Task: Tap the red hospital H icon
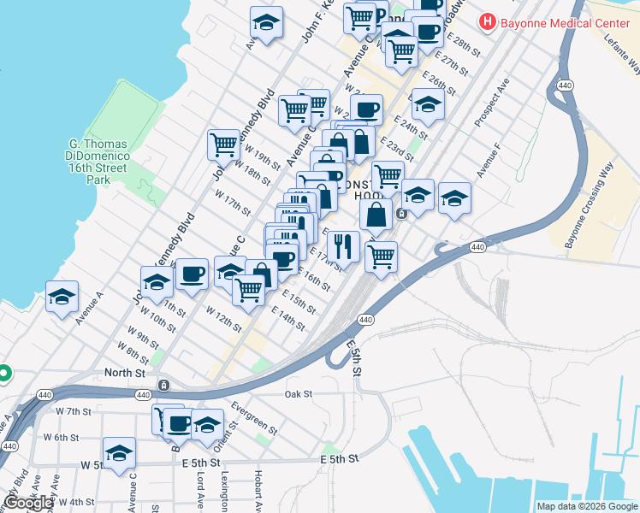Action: (x=489, y=21)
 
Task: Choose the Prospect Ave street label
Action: (x=492, y=103)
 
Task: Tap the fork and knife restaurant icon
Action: (x=343, y=246)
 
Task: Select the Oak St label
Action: (x=299, y=394)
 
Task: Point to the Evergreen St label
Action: (x=254, y=416)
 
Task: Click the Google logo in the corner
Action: (x=28, y=503)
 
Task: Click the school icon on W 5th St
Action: (x=119, y=452)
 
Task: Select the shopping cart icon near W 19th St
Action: (x=223, y=144)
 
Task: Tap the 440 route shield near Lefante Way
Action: (x=565, y=86)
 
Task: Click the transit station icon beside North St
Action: (x=163, y=385)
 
